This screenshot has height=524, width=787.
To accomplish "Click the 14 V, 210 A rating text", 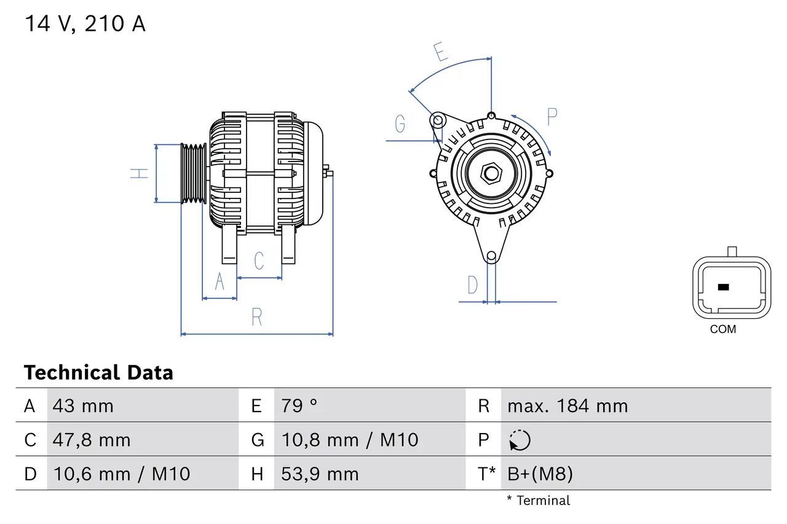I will coord(85,24).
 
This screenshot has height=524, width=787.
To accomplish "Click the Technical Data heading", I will coord(98,372).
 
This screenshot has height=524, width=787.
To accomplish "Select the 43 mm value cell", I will coord(83,405).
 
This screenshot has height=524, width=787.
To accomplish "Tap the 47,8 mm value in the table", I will coord(92,440).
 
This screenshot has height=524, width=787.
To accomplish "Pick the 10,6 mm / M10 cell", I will coord(121,474).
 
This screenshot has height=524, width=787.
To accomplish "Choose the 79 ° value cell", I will coord(299,405).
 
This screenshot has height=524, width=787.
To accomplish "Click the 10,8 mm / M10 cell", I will coord(349,440).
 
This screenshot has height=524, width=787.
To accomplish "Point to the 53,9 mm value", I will coord(320,474).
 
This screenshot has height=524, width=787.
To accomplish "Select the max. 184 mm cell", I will coord(567,405).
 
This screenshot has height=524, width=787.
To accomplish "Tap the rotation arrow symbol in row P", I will coord(520,440).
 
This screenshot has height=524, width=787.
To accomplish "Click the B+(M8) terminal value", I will coord(540,474).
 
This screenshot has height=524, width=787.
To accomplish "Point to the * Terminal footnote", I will coord(538,501).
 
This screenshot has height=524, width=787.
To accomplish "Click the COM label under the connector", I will coord(722,329).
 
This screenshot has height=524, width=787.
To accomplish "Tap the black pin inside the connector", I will coord(723,287).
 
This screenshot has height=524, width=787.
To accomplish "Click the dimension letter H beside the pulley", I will coord(140,173).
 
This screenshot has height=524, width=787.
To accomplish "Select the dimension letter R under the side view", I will coord(257,317).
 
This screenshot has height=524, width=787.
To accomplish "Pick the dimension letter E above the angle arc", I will coord(440,52).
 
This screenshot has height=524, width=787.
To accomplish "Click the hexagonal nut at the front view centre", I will coord(491,173).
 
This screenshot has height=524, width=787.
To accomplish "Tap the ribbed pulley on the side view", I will coord(193,173).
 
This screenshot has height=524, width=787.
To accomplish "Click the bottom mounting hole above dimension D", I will coord(491,256).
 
